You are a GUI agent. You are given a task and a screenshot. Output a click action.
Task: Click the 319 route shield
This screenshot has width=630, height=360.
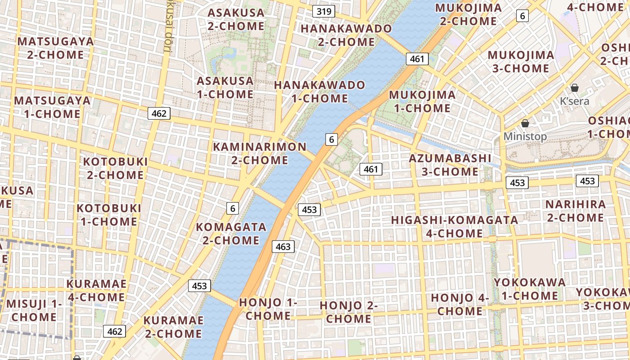[x=324, y=11]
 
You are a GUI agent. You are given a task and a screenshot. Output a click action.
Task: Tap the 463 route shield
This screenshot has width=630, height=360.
[x=283, y=247]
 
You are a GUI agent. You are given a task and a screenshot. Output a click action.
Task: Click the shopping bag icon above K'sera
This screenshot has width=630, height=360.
[x=575, y=88]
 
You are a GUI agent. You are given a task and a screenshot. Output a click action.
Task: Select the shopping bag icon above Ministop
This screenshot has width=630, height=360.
[x=525, y=123]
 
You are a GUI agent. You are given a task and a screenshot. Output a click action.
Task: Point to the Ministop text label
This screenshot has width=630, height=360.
[x=525, y=136]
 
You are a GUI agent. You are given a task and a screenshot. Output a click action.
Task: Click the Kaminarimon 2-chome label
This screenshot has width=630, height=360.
[x=260, y=153]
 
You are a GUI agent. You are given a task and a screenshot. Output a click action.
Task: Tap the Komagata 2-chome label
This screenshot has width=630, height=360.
[x=231, y=233]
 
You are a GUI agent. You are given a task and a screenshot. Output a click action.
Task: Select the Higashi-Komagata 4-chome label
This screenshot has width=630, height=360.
[x=454, y=227]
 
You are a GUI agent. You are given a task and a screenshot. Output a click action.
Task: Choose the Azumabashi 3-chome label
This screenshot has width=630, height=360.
[x=450, y=165]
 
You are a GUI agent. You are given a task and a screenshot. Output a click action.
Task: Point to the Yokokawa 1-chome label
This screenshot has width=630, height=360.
[x=530, y=289]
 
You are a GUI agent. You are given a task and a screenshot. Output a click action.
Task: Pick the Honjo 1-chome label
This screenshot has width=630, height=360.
[x=268, y=309]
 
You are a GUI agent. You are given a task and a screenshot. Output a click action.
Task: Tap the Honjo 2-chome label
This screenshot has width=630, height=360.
[x=349, y=312]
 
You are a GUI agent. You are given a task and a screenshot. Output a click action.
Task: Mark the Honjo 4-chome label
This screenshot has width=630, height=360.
[x=460, y=304]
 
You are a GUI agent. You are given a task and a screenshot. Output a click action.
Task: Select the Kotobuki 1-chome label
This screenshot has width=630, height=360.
[x=108, y=215]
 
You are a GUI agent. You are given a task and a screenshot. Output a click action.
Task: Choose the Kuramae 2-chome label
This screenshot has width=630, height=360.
[x=173, y=327]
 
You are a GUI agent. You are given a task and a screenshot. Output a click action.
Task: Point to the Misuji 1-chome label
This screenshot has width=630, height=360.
[x=34, y=310]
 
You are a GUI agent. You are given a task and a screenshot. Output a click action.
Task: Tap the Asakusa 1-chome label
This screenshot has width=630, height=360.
[x=225, y=87]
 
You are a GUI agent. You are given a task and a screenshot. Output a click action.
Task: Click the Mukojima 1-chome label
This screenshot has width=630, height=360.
[x=422, y=101]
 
